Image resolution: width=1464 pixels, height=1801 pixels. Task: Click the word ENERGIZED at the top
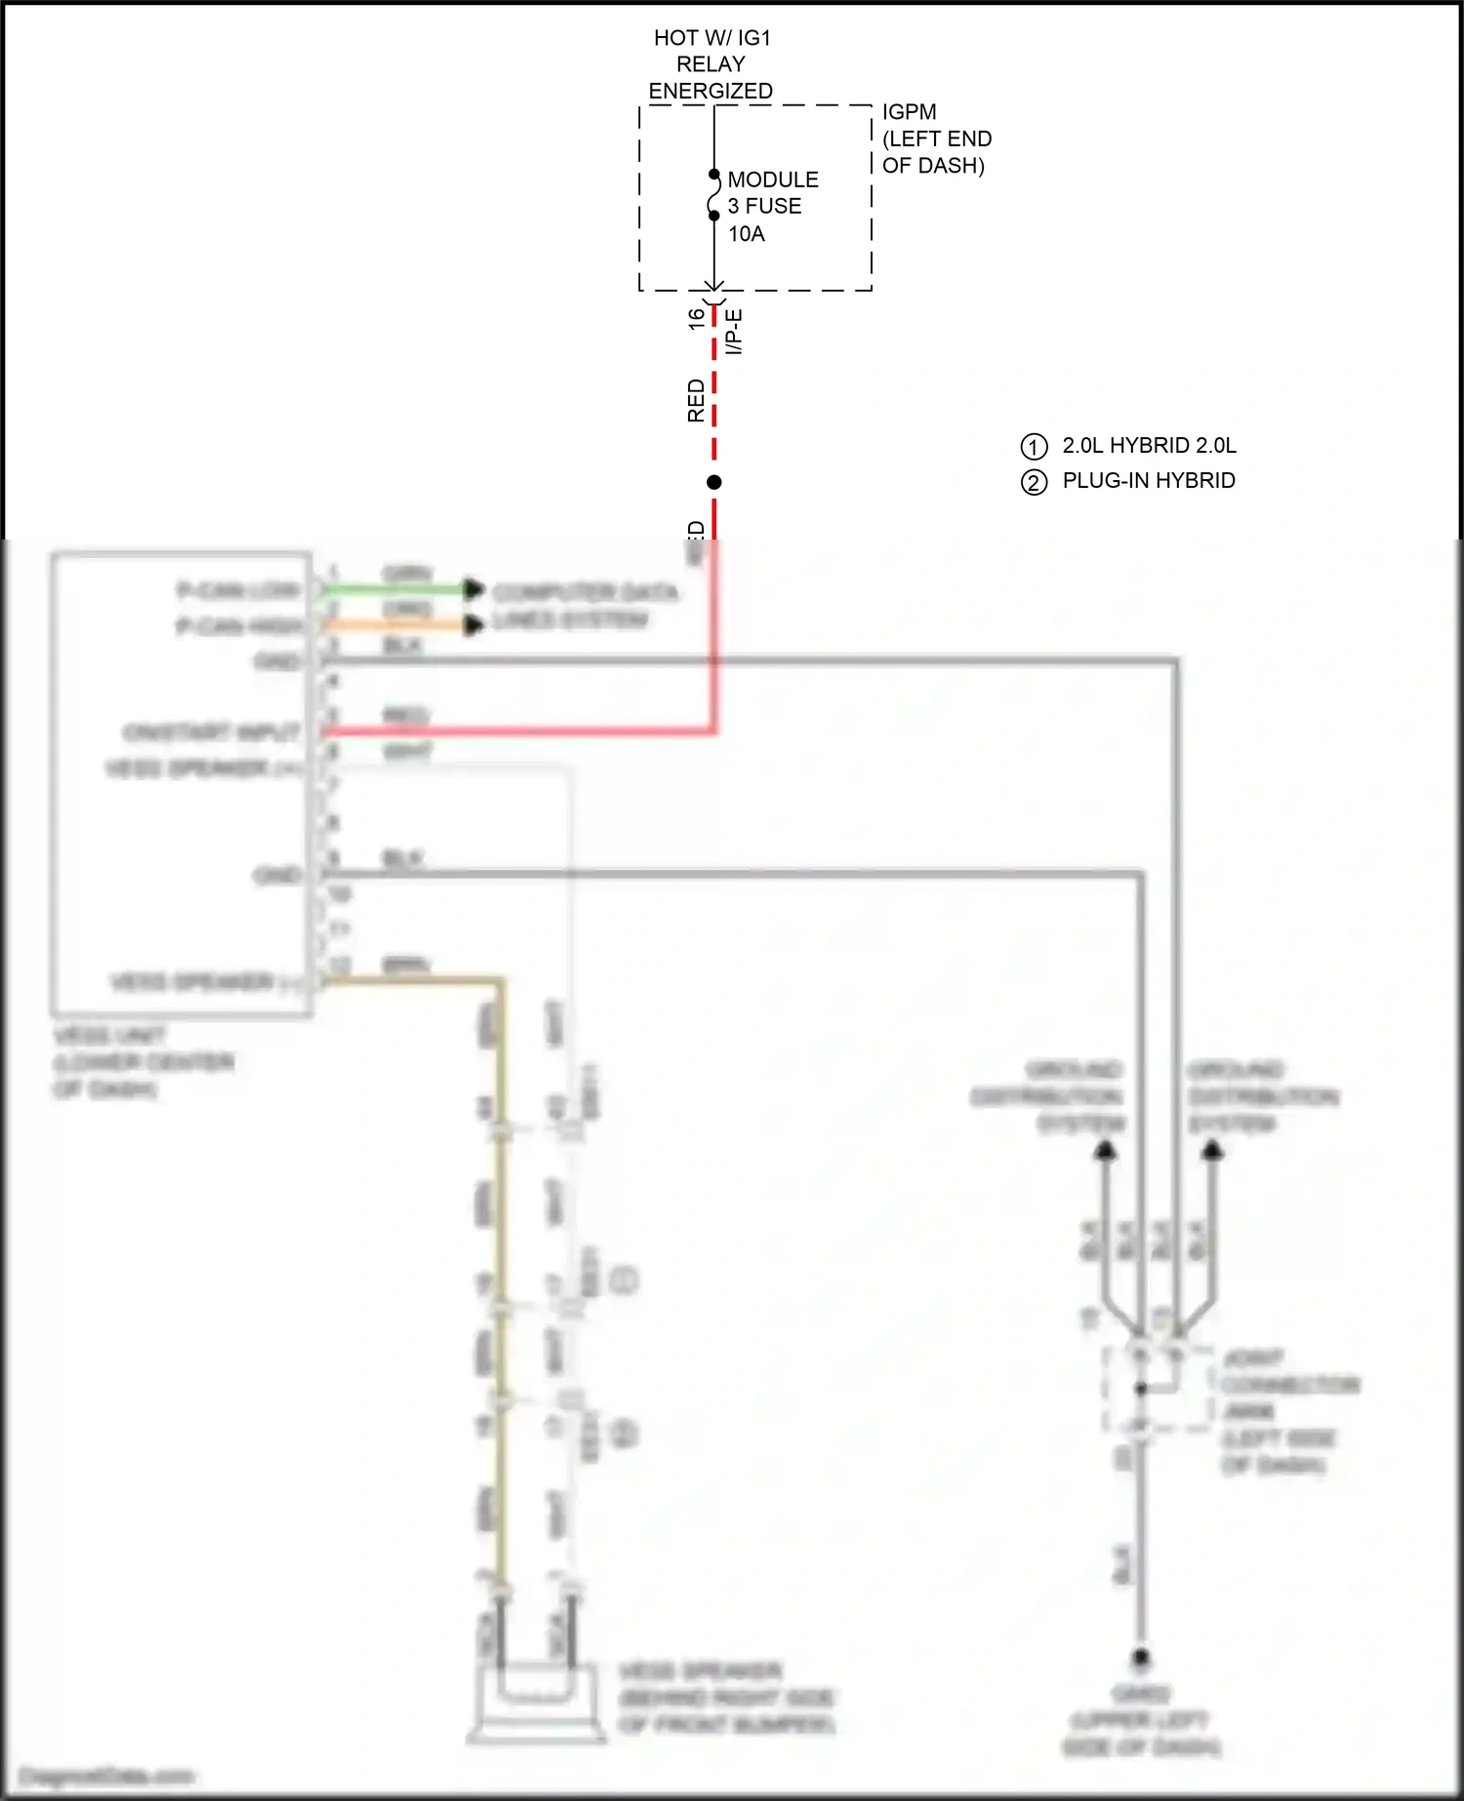pos(711,91)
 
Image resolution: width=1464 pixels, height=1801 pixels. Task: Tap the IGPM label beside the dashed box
pos(909,112)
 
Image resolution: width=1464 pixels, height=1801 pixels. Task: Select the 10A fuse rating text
pos(747,234)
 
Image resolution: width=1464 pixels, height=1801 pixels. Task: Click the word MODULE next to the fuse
pos(773,180)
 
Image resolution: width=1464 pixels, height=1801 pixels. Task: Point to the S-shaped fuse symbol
pos(714,195)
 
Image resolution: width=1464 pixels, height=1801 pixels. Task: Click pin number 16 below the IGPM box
pos(696,318)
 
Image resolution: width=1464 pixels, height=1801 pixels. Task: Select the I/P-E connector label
pos(734,332)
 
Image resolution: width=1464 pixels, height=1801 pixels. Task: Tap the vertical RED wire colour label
pos(696,400)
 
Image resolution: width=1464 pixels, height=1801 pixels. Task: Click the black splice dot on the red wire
pos(714,482)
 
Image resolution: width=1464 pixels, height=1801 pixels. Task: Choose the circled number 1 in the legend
pos(1034,447)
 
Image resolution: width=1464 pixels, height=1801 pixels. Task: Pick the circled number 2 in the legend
pos(1034,482)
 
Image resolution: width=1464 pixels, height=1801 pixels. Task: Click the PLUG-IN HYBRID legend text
pos(1149,480)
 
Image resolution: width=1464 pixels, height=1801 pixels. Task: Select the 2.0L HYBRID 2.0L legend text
pos(1149,446)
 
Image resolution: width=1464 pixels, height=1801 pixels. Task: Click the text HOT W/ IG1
pos(712,38)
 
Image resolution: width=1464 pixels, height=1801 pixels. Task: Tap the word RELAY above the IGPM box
pos(711,64)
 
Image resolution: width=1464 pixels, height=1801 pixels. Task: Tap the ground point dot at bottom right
pos(1140,1657)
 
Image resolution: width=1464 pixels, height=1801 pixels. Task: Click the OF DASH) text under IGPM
pos(933,166)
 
